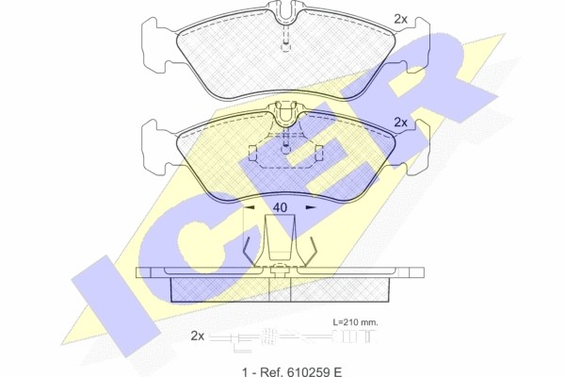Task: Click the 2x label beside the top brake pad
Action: coord(400,19)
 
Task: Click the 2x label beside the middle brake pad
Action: coord(400,123)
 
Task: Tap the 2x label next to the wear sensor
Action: coord(198,336)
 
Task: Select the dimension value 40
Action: coord(280,207)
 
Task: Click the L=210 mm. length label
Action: coord(355,322)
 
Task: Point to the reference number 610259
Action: coord(305,371)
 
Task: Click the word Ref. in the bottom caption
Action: coord(269,371)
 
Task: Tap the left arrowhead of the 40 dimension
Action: coord(250,207)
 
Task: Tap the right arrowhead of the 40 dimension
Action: coord(311,207)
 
